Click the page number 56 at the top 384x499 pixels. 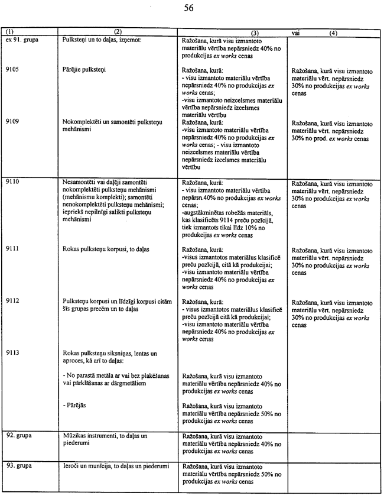(188, 8)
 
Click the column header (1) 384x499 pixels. (9, 33)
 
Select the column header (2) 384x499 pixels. (118, 33)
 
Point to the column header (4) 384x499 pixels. (334, 34)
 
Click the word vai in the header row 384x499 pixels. (296, 33)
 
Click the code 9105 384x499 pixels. (13, 70)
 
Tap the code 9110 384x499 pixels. (13, 182)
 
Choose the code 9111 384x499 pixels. (13, 249)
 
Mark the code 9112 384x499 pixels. (13, 300)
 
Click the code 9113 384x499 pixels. (13, 352)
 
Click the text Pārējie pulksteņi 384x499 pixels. (83, 70)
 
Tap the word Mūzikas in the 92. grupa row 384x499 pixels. (74, 435)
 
